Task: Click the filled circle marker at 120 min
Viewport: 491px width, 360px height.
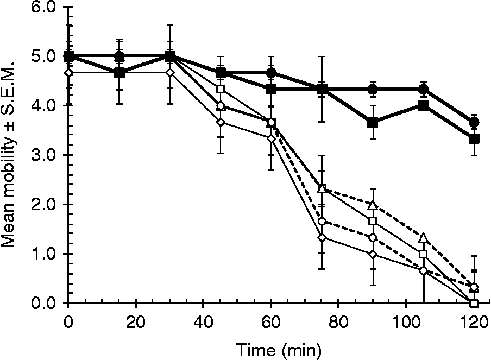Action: (474, 123)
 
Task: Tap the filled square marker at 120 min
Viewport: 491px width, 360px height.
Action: (474, 139)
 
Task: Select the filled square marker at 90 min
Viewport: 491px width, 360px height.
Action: (373, 123)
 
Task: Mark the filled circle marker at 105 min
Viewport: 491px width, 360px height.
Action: (423, 90)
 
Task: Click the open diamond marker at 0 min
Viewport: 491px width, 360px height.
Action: (68, 73)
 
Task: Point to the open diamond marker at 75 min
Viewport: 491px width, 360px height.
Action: (322, 237)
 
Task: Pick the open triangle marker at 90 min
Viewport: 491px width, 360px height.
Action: (373, 205)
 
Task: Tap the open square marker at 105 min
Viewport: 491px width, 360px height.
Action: (423, 254)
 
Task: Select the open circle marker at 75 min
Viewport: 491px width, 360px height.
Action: (322, 221)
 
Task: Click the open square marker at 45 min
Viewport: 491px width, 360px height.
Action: (221, 89)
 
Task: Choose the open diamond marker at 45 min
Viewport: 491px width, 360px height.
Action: (221, 122)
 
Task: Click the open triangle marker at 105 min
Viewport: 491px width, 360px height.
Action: (423, 238)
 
